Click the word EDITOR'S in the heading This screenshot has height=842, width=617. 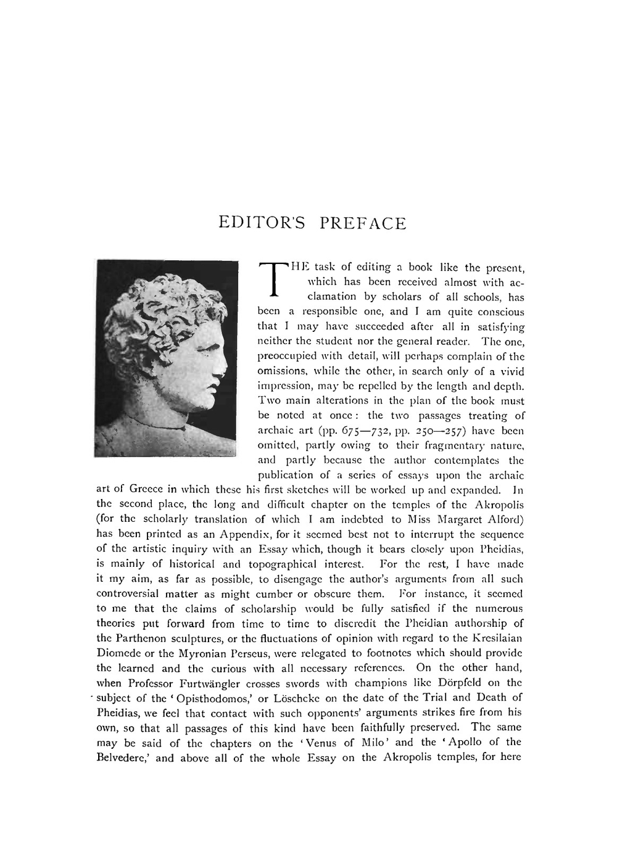[x=262, y=223]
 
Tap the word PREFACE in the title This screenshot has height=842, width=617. [x=363, y=223]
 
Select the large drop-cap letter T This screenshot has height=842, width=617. [x=273, y=279]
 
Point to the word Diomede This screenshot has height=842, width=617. [x=119, y=653]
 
